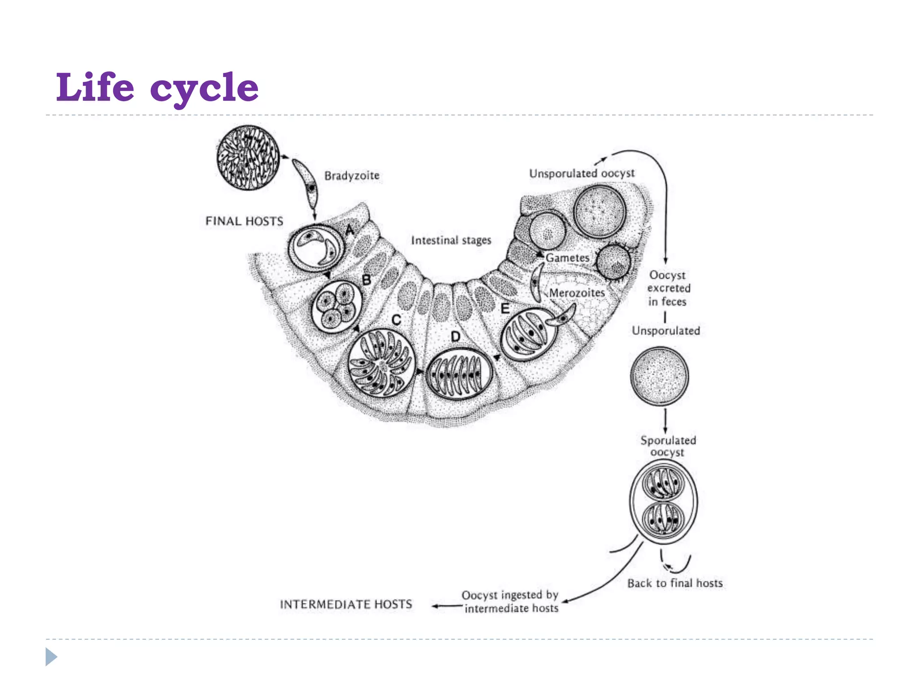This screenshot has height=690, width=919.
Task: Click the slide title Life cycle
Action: coord(157,87)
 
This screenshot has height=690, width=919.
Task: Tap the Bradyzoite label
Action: coord(352,176)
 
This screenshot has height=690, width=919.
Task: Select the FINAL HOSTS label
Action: coord(244,221)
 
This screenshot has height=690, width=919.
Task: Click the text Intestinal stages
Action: coord(451,240)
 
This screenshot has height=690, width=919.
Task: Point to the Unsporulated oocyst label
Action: coord(582,173)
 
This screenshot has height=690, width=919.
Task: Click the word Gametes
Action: coord(567,258)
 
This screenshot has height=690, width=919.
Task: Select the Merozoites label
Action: coord(577,293)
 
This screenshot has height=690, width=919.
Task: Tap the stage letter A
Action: coord(350,230)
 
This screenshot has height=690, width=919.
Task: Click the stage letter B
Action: coord(367,280)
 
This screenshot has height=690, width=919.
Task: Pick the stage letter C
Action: coord(396,320)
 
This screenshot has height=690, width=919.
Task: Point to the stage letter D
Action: coord(455,336)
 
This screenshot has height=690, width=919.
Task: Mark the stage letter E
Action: coord(505,309)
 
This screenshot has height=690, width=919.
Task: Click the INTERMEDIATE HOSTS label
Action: coord(346,604)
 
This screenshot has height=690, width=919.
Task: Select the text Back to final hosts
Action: coord(675,583)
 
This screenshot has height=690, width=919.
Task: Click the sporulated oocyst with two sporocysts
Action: coord(664,501)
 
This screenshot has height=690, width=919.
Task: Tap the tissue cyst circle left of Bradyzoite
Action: coord(248,158)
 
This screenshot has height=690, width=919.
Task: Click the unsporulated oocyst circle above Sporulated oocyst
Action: coord(659,376)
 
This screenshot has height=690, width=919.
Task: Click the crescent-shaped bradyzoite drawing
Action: coord(306,182)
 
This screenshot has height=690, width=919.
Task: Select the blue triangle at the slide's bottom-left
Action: coord(51,657)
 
